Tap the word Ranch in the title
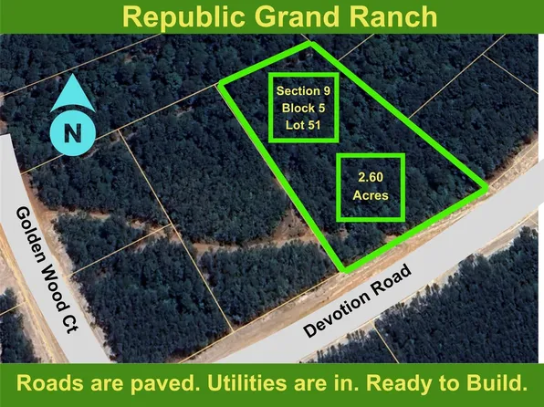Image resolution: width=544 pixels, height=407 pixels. pos(388,17)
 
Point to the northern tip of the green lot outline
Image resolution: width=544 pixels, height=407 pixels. pos(311,44)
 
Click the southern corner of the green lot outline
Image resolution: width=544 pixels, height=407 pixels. pos(344,270)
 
